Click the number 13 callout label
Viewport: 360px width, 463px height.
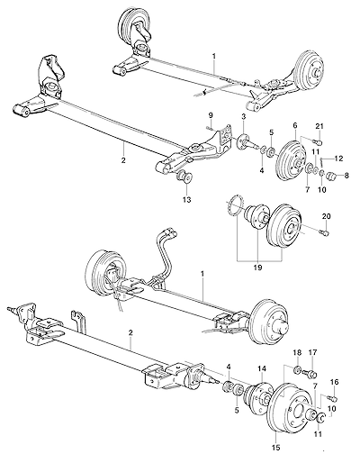tap(186, 200)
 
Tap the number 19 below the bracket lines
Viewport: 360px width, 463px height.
tap(257, 268)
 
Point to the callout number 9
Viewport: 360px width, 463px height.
tap(211, 115)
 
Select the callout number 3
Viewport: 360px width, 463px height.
tap(243, 117)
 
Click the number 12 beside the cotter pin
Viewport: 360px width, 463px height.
tap(338, 159)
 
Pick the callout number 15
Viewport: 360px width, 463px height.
tap(276, 448)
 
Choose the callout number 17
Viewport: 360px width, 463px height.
tap(311, 353)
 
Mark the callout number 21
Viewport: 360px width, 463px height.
tap(319, 127)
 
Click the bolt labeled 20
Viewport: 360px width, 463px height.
tap(325, 231)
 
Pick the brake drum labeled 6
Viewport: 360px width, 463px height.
tap(291, 160)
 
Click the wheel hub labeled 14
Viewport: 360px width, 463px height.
tap(258, 396)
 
